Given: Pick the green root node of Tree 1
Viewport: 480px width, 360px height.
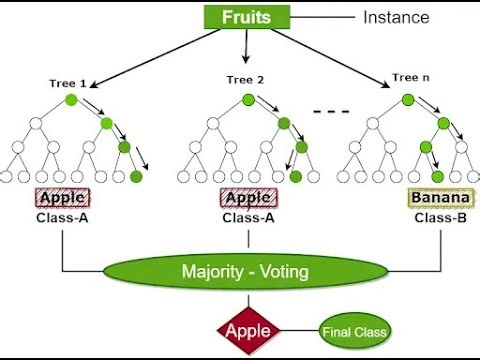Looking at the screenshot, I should click(x=71, y=100).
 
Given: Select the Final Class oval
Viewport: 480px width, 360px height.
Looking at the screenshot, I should click(x=355, y=330).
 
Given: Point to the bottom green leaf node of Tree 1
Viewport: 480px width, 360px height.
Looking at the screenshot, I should click(x=136, y=177).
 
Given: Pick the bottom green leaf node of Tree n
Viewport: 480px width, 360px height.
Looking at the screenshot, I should click(x=438, y=177).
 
